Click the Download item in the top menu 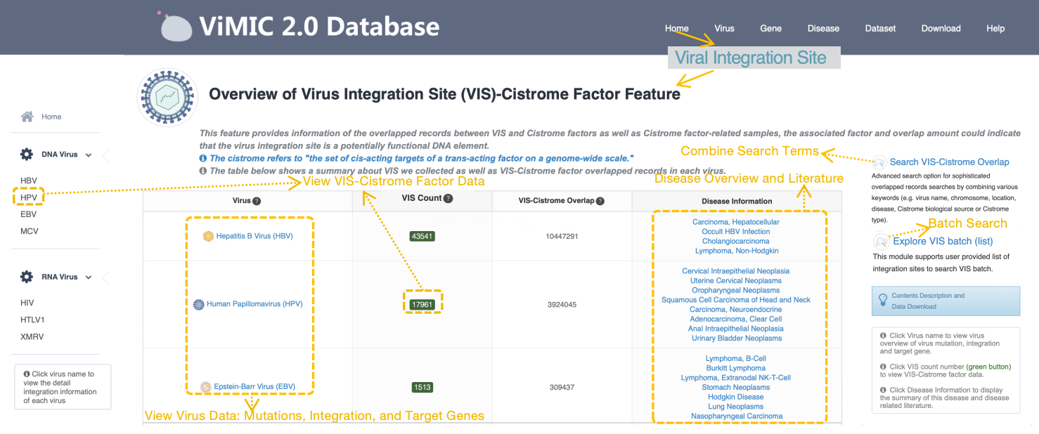click(941, 29)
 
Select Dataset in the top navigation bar click(880, 29)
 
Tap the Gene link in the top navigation click(770, 29)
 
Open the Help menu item click(995, 29)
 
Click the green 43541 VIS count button click(422, 237)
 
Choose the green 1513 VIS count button click(422, 387)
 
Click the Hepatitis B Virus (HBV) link click(254, 236)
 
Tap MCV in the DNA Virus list click(30, 231)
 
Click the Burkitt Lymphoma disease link click(736, 368)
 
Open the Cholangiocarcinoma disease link click(735, 241)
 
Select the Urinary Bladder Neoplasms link click(735, 338)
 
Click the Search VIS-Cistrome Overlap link click(949, 162)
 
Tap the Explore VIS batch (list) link click(942, 242)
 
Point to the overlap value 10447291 click(562, 237)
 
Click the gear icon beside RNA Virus click(27, 277)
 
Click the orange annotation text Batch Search click(967, 223)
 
